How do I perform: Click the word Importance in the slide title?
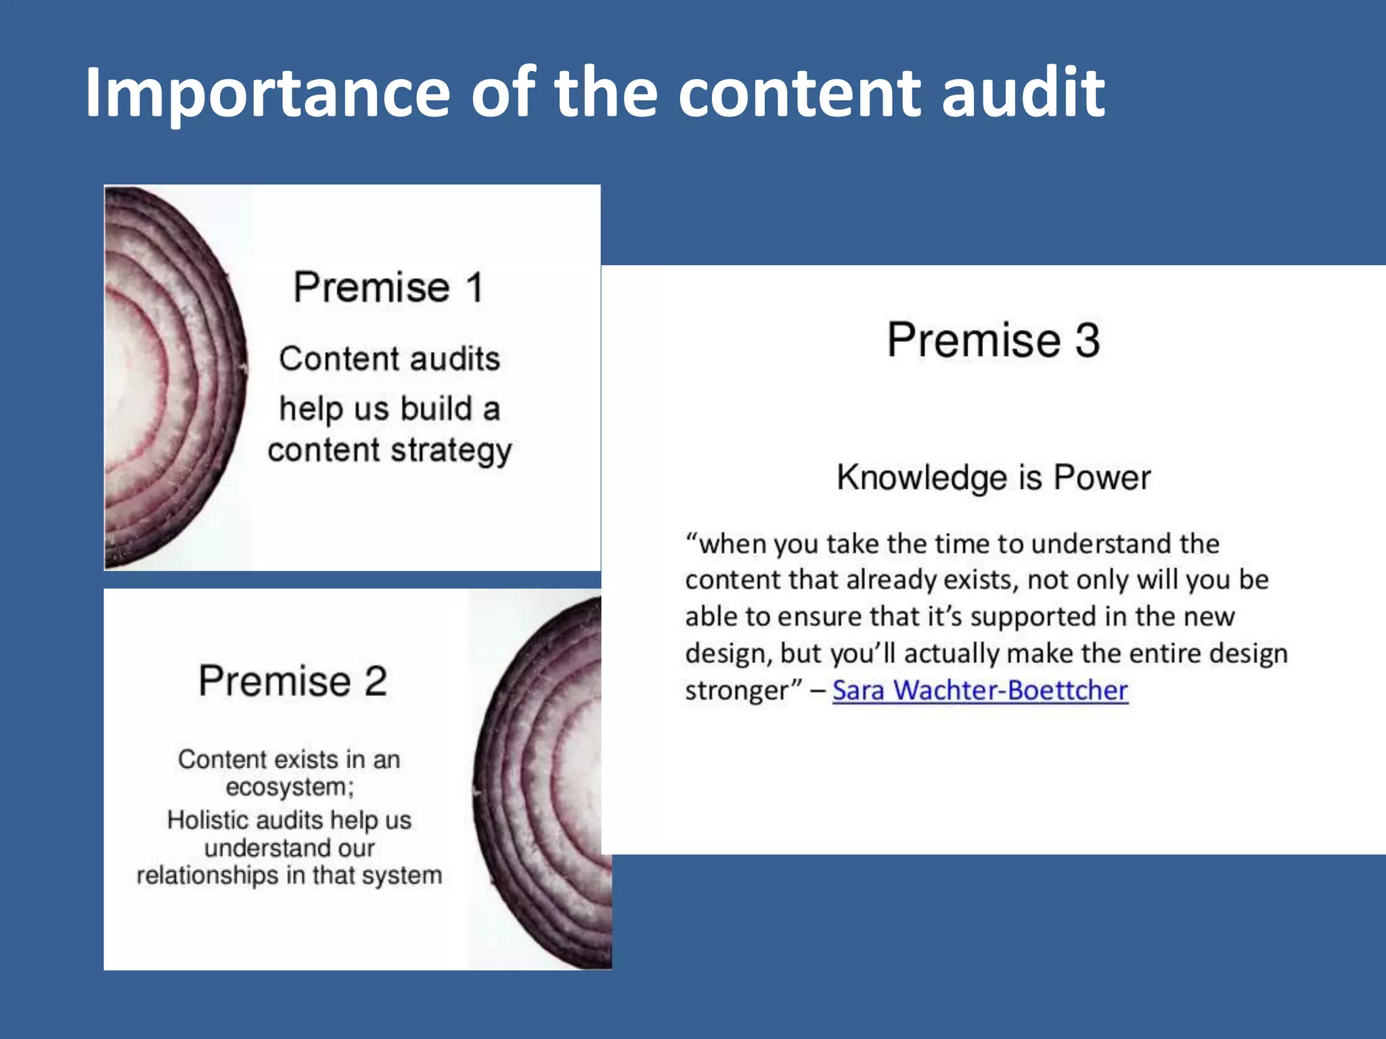[267, 93]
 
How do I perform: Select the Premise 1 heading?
[389, 287]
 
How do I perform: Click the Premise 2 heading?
[292, 680]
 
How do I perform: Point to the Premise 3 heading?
[993, 340]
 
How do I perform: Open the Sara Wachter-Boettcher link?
[980, 690]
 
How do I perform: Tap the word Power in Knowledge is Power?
[1102, 478]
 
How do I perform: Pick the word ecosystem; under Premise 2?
[290, 787]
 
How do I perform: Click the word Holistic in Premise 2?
[207, 820]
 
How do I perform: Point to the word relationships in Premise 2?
[208, 875]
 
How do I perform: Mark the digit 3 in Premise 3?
[1088, 340]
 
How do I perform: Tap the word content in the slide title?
[799, 93]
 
